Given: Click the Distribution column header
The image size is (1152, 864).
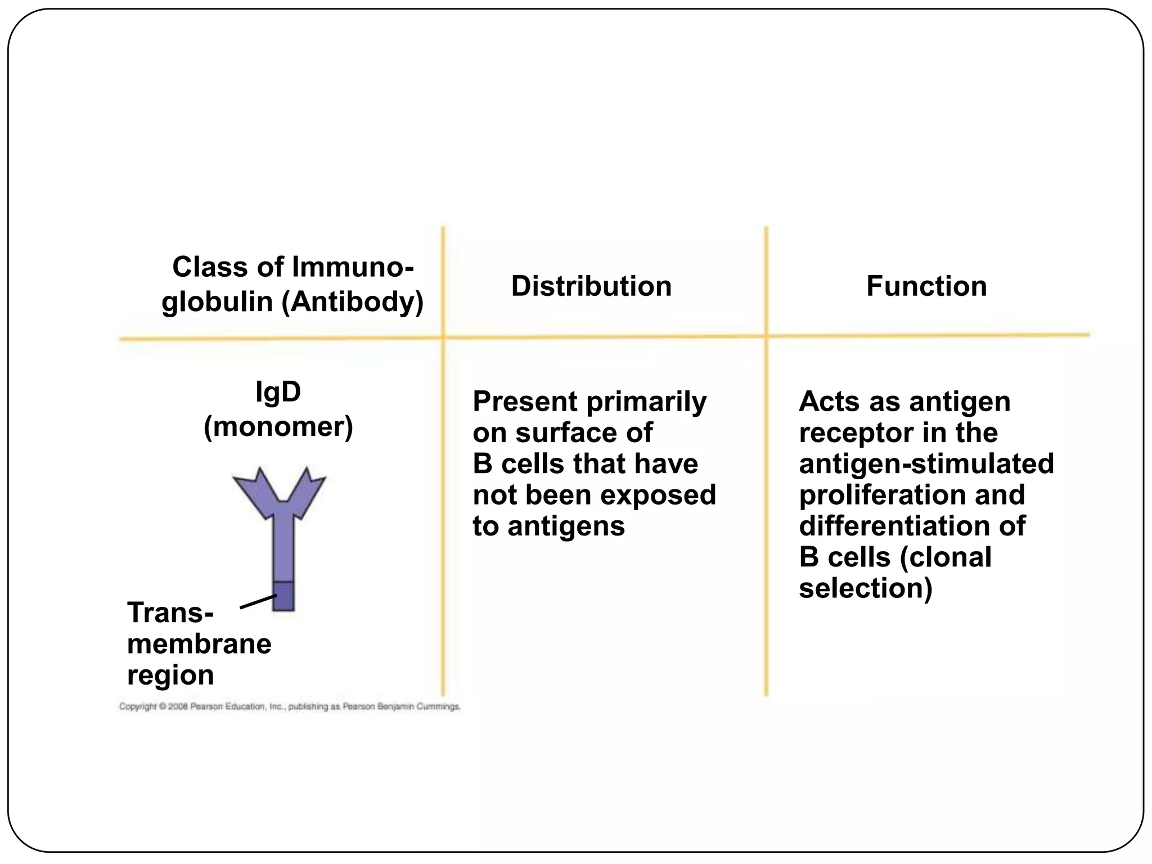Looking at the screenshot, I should click(x=591, y=286).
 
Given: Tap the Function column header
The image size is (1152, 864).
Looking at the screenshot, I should click(x=926, y=286).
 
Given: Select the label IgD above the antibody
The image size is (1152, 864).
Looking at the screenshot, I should click(x=278, y=391).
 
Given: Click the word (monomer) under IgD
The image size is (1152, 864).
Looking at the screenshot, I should click(x=278, y=426).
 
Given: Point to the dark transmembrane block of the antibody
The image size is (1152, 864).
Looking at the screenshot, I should click(x=283, y=596).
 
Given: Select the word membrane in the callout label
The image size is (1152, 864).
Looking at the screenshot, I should click(x=199, y=644).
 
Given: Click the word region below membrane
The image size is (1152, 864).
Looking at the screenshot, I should click(x=170, y=675).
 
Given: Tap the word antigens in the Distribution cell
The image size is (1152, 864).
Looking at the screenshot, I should click(x=566, y=526).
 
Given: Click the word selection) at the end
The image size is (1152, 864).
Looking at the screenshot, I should click(x=865, y=588).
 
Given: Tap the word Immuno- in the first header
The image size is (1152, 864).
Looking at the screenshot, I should click(x=353, y=267).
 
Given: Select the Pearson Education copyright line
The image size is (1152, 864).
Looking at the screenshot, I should click(x=289, y=706).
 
